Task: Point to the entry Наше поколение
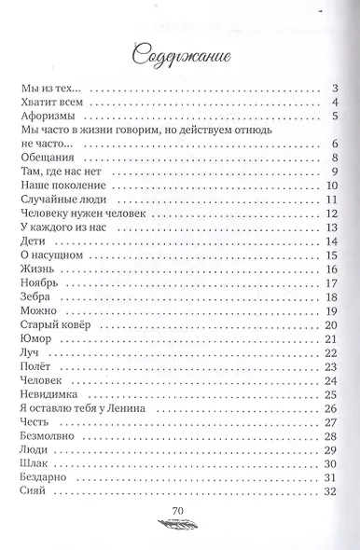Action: [59, 186]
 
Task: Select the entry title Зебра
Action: [35, 297]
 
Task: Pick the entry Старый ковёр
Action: [54, 324]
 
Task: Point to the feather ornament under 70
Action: [181, 526]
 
